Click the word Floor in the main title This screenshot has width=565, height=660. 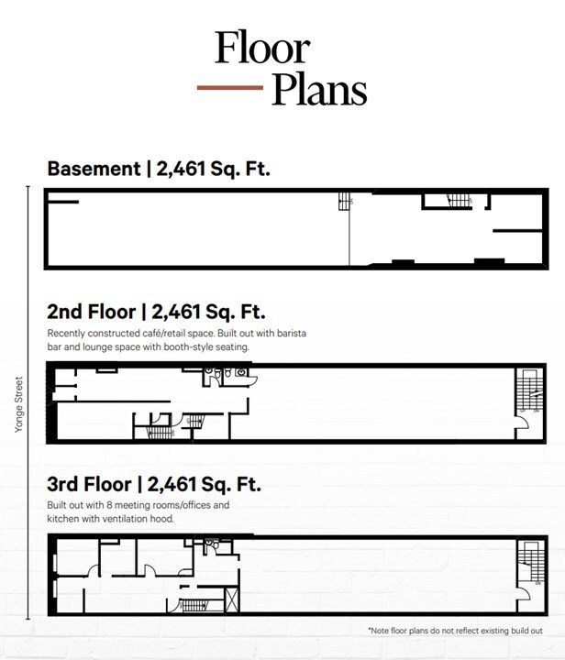pyautogui.click(x=262, y=48)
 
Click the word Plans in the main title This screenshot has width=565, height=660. pyautogui.click(x=318, y=89)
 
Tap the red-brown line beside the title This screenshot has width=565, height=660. pyautogui.click(x=229, y=89)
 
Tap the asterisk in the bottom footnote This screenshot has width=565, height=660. pyautogui.click(x=370, y=631)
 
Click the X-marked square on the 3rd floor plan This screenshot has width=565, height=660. pyautogui.click(x=233, y=601)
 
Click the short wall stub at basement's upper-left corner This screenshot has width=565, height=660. pyautogui.click(x=63, y=202)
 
